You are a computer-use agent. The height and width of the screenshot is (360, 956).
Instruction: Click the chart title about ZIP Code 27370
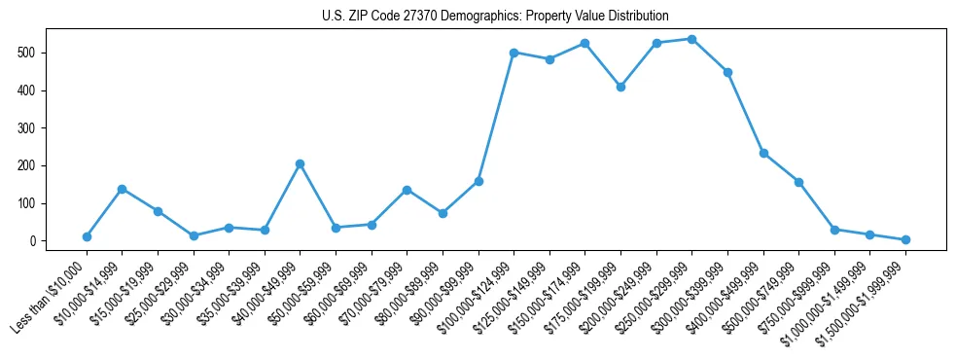(495, 17)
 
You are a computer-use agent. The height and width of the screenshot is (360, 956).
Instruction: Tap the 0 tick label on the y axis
(33, 241)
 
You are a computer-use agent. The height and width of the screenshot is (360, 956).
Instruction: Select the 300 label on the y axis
(27, 127)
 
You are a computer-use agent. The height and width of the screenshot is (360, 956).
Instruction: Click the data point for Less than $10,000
(87, 236)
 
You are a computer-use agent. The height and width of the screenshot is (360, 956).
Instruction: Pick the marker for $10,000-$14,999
(122, 189)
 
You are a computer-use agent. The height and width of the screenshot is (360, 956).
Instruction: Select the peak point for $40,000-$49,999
(300, 163)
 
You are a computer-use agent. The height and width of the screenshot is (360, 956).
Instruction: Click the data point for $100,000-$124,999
(513, 53)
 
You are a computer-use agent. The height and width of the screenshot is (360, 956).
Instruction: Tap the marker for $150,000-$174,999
(584, 43)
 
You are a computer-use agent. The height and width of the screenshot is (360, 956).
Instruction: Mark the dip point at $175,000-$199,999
(620, 87)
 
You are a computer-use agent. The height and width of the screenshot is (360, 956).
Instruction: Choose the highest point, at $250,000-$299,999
(691, 39)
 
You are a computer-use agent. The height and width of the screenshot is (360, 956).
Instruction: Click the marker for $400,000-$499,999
(763, 153)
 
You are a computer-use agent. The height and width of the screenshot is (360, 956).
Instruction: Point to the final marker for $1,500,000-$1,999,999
(905, 239)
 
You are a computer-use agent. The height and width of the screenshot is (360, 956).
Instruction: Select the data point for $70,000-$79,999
(407, 190)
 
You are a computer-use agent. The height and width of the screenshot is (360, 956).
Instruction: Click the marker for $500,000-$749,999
(798, 182)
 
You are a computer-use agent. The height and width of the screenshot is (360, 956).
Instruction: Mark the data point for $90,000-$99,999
(478, 181)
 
